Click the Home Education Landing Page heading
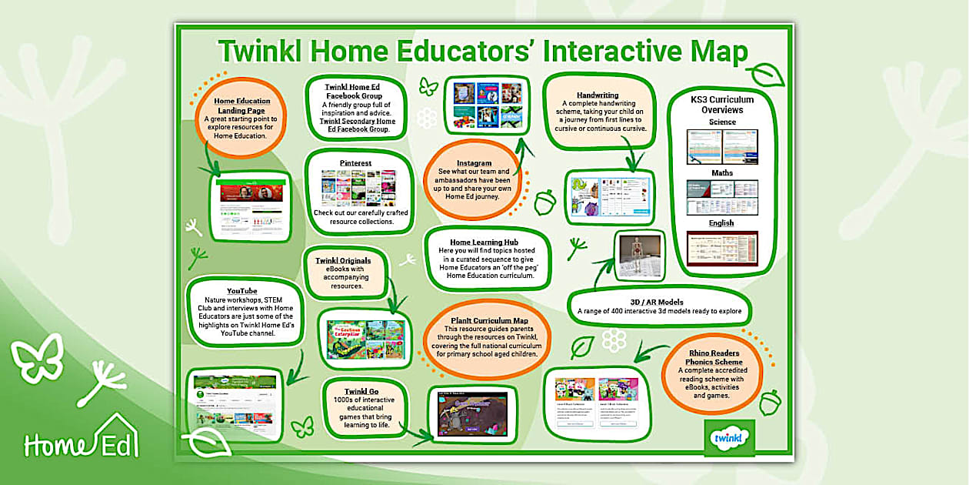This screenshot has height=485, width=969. pos(242,105)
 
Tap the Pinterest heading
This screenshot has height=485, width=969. pos(356,163)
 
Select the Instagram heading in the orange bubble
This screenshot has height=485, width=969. pos(474,163)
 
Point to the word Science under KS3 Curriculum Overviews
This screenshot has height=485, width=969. pos(722,122)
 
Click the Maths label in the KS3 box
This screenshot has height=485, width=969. pos(722,173)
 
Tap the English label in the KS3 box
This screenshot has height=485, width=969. pos(722,223)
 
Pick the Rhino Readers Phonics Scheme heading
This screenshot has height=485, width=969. pos(714,356)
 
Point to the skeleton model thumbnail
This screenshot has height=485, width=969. pos(639,256)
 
